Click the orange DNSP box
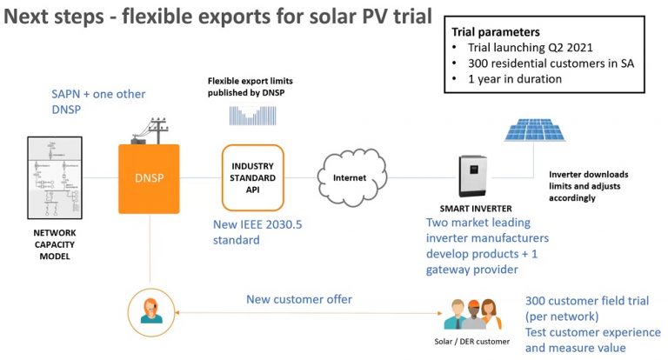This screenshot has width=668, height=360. (149, 178)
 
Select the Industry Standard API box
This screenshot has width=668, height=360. (252, 177)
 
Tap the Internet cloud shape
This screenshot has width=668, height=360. (351, 177)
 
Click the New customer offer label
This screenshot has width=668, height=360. (299, 299)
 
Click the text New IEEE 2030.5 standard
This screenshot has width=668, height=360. (260, 230)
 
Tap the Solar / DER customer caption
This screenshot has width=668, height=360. (472, 341)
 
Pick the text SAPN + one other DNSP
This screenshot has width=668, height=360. (97, 101)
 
